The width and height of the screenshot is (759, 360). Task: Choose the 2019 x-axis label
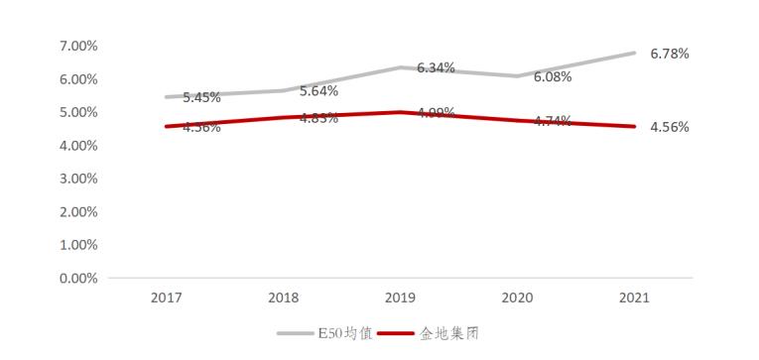400,297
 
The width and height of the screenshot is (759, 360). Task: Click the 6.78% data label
670,54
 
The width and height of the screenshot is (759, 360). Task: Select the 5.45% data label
201,98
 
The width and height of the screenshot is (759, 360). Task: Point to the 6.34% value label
436,68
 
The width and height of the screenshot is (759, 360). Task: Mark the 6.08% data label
553,77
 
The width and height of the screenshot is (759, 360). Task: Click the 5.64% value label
318,91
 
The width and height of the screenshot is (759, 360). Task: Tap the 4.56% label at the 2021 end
670,127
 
